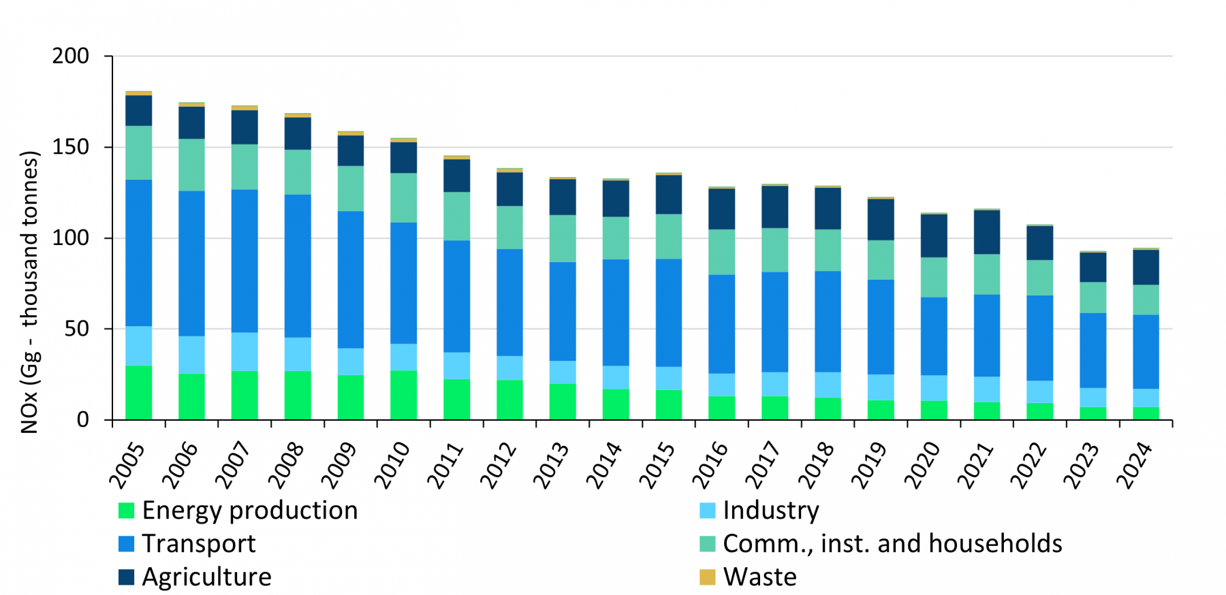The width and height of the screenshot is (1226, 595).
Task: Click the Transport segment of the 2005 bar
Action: tap(139, 253)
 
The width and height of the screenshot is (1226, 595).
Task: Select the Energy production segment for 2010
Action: tap(404, 395)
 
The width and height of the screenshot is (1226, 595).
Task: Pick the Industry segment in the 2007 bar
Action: tap(245, 352)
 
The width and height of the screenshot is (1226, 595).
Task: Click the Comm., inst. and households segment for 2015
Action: tap(669, 237)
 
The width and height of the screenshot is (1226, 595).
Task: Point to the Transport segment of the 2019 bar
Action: tap(881, 327)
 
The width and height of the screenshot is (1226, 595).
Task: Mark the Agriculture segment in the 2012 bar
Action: tap(509, 189)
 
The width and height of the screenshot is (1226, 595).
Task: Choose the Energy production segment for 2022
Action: tap(1040, 411)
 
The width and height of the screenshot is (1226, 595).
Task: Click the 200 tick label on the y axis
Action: tap(71, 56)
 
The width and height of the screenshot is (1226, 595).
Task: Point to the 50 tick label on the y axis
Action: tap(77, 329)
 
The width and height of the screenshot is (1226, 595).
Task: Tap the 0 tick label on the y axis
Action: tap(83, 420)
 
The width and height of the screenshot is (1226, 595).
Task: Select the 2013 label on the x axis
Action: tap(550, 466)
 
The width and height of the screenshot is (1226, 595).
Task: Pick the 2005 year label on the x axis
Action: tap(127, 466)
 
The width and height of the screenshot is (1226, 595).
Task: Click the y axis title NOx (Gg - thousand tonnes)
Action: tap(29, 292)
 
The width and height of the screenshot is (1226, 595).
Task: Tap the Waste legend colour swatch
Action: tap(708, 577)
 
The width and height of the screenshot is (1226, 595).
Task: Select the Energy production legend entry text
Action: tap(250, 511)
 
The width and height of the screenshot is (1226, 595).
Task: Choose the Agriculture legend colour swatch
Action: tap(127, 577)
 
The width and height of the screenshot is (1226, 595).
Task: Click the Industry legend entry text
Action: tap(771, 511)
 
